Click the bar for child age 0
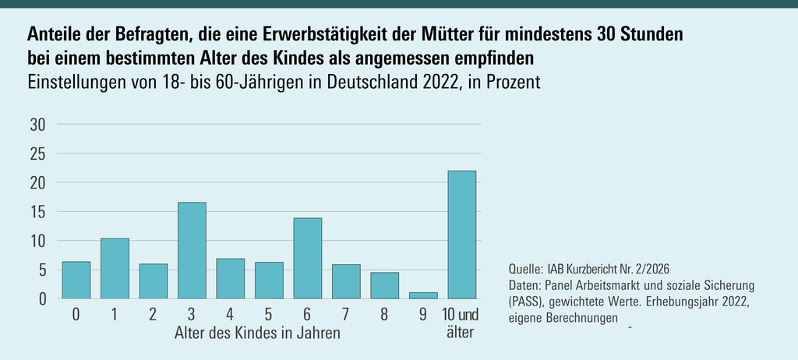point(76,280)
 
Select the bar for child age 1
point(115,268)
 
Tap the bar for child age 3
point(192,250)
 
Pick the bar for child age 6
point(307,258)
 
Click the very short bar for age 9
point(423,295)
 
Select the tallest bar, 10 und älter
point(461,235)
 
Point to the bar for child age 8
point(384,285)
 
